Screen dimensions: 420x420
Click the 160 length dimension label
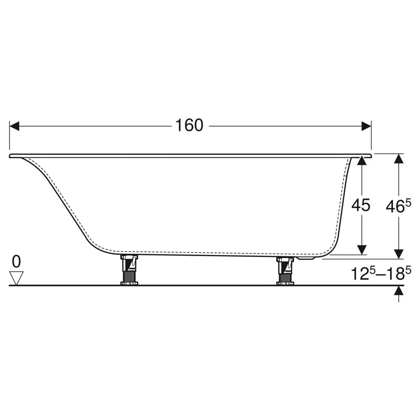189,125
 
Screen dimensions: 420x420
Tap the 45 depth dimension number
361,205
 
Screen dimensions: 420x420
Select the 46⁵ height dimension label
398,206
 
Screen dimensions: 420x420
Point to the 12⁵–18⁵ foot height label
381,274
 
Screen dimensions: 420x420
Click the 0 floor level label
16,261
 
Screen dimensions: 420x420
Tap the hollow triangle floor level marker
16,278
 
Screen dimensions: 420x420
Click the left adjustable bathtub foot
129,270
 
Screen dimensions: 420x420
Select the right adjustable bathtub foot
285,270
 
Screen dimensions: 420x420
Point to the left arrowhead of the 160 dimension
14,126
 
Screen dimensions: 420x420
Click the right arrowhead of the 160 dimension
366,126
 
